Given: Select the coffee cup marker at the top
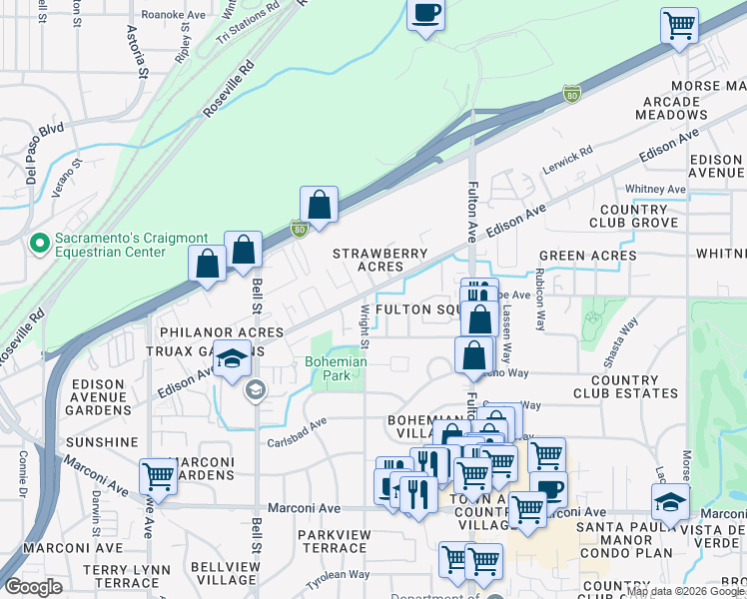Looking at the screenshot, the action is pyautogui.click(x=426, y=15).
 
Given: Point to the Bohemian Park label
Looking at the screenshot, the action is pyautogui.click(x=337, y=367).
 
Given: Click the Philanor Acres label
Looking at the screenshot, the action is pyautogui.click(x=217, y=331).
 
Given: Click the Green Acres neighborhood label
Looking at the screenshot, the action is pyautogui.click(x=587, y=256).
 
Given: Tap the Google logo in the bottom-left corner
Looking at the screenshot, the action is pyautogui.click(x=34, y=587).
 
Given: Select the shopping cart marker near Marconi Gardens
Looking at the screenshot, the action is pyautogui.click(x=158, y=476).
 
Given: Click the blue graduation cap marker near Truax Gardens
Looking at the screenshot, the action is pyautogui.click(x=232, y=358).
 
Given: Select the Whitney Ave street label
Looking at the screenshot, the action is pyautogui.click(x=654, y=189).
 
